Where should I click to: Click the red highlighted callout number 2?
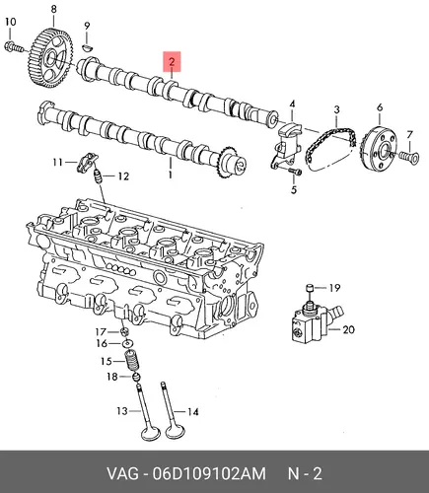click(172, 61)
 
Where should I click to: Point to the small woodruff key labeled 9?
click(87, 47)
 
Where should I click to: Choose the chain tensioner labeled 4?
click(287, 144)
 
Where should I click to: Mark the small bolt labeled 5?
click(295, 172)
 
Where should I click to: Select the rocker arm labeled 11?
click(87, 162)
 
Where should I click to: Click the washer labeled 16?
click(128, 344)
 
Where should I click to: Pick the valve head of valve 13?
click(150, 433)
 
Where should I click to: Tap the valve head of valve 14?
click(175, 431)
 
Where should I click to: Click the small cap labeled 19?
click(309, 288)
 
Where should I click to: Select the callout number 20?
click(349, 329)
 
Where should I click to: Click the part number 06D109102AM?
click(209, 474)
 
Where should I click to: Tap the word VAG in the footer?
click(122, 474)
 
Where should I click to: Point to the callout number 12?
click(123, 176)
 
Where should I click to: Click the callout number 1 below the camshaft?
click(171, 175)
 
